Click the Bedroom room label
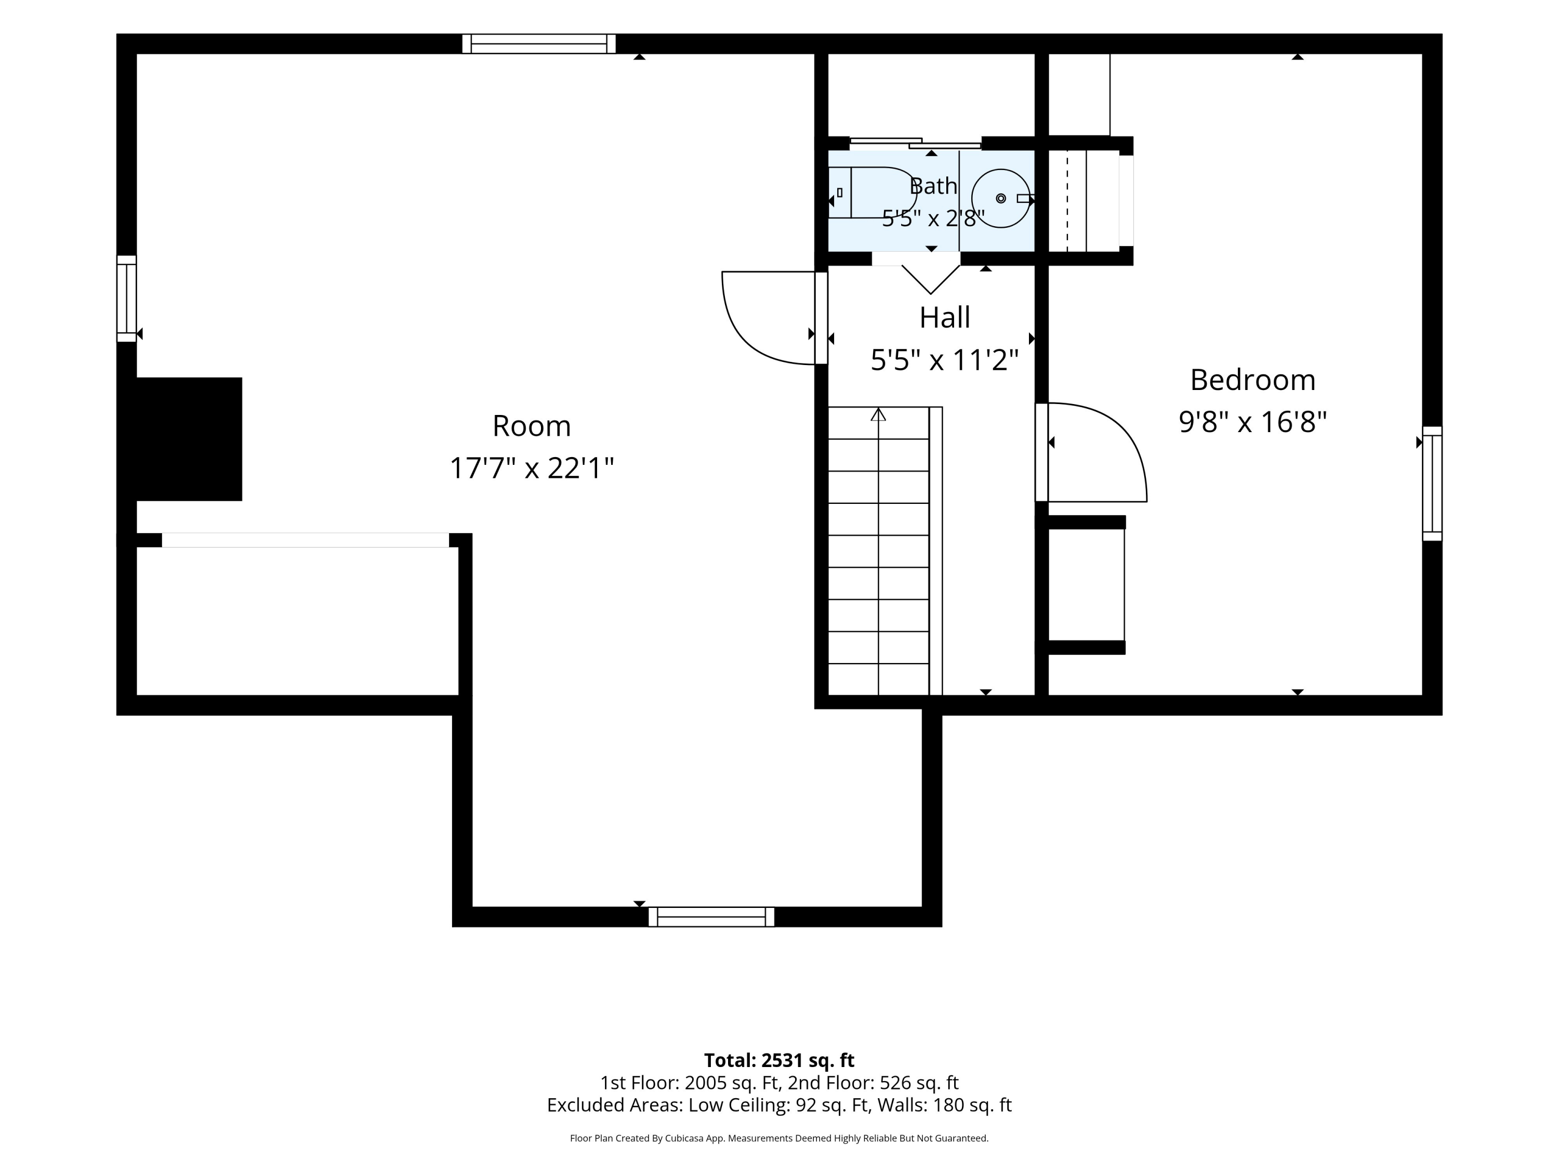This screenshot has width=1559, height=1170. coord(1252,380)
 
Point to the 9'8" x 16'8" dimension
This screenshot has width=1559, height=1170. coord(1252,422)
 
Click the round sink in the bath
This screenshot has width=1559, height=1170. coord(1001,198)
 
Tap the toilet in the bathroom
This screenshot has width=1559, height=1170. coord(873,192)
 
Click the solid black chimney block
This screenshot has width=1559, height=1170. coord(189,439)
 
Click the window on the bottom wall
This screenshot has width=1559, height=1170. coord(711,917)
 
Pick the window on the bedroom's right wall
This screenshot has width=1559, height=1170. coord(1432,484)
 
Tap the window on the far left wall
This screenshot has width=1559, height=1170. coord(126,299)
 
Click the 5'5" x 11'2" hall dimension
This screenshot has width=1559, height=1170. coord(944,360)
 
